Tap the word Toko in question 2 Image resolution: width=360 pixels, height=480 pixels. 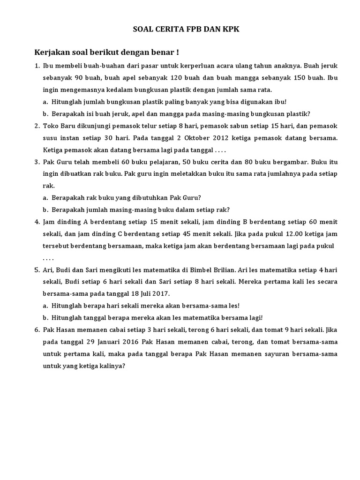50,126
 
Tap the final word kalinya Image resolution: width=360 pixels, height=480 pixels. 112,366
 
